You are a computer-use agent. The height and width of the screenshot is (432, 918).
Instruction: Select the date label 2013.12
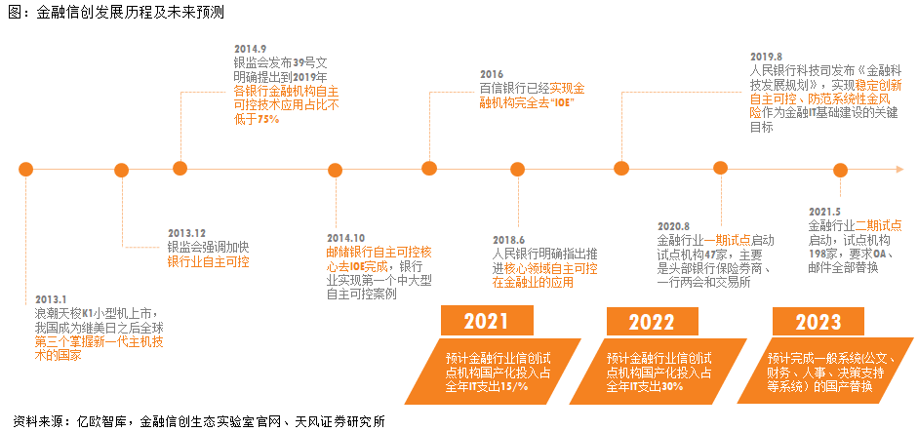tap(186, 233)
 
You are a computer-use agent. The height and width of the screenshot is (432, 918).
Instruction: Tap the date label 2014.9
tap(251, 48)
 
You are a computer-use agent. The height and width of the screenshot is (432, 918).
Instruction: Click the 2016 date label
tap(491, 74)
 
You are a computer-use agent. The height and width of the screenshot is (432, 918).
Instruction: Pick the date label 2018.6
tap(508, 240)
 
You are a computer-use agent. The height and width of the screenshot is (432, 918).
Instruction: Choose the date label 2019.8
tap(766, 57)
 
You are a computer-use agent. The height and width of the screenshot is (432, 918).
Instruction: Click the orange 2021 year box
tap(486, 322)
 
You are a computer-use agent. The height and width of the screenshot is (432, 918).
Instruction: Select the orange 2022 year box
tap(651, 322)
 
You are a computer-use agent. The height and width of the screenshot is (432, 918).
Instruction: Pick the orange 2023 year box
tap(817, 322)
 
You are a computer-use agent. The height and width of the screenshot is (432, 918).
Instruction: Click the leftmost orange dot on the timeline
tap(27, 169)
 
